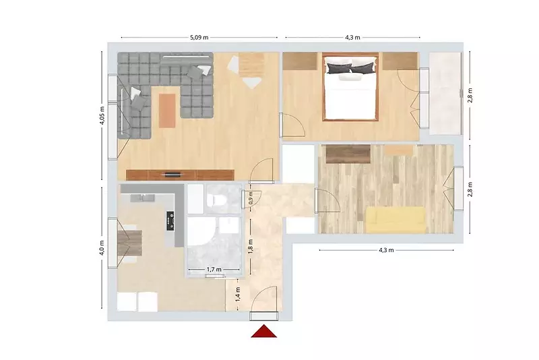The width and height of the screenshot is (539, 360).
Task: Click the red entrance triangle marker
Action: [263, 331]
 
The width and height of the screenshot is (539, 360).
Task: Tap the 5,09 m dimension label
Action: [199, 38]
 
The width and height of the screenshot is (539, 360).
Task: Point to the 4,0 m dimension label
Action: [102, 247]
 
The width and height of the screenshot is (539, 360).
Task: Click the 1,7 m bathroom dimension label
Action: [214, 270]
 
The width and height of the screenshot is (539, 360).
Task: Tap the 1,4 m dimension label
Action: [238, 295]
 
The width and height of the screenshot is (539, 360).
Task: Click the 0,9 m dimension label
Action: [251, 198]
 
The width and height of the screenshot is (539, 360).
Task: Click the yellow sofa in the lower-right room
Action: [395, 219]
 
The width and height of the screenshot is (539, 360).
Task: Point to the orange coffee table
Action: [167, 111]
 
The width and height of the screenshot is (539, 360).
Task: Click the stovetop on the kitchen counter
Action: [170, 220]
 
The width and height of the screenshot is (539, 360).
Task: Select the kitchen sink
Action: [142, 198]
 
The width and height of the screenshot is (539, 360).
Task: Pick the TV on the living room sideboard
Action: [173, 175]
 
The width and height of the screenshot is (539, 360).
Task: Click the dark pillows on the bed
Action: [350, 68]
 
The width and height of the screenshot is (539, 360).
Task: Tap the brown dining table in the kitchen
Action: [129, 243]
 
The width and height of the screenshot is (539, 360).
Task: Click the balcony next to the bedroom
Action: [445, 93]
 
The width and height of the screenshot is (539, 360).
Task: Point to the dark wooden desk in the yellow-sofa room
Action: [348, 154]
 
